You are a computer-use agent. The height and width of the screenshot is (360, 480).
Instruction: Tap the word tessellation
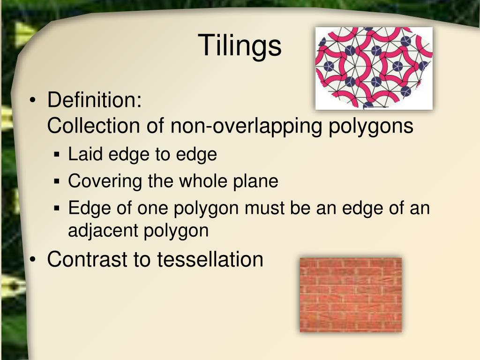coord(210,259)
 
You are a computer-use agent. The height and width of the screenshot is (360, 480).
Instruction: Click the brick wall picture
coord(351,294)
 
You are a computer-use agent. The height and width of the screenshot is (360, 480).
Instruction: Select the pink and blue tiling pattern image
coord(374,68)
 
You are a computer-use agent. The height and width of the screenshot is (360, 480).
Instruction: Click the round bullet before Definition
coord(32,101)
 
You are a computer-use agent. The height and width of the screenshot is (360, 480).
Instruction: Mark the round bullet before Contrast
coord(32,260)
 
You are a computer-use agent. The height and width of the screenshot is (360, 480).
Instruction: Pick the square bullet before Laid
coord(57,154)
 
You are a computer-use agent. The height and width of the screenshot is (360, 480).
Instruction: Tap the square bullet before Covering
coord(57,181)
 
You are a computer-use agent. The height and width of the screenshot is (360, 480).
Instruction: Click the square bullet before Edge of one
coord(57,208)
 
